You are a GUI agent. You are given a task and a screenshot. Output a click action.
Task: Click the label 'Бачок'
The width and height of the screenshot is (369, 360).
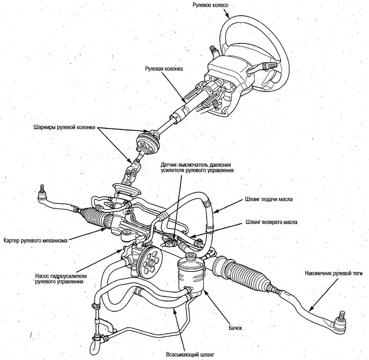[236, 328]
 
